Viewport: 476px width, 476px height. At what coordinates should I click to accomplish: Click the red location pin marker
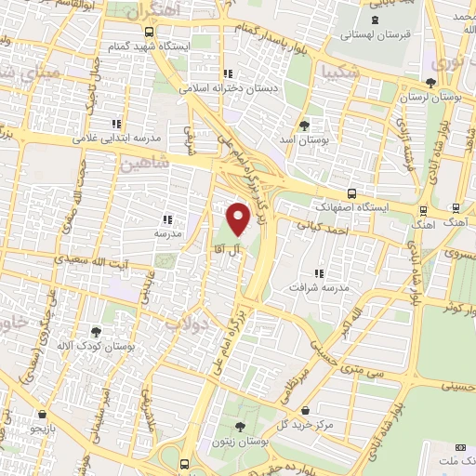tap(239, 218)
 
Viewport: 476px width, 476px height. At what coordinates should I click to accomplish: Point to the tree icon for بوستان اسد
tap(303, 125)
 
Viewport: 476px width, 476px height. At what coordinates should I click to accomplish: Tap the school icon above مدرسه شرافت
tap(319, 273)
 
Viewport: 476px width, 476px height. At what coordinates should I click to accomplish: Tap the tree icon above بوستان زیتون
tap(240, 428)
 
